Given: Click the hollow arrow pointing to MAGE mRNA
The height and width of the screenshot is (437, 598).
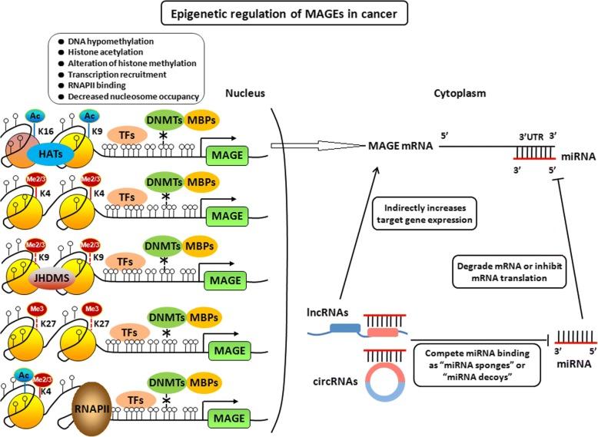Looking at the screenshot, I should tap(323, 146).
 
